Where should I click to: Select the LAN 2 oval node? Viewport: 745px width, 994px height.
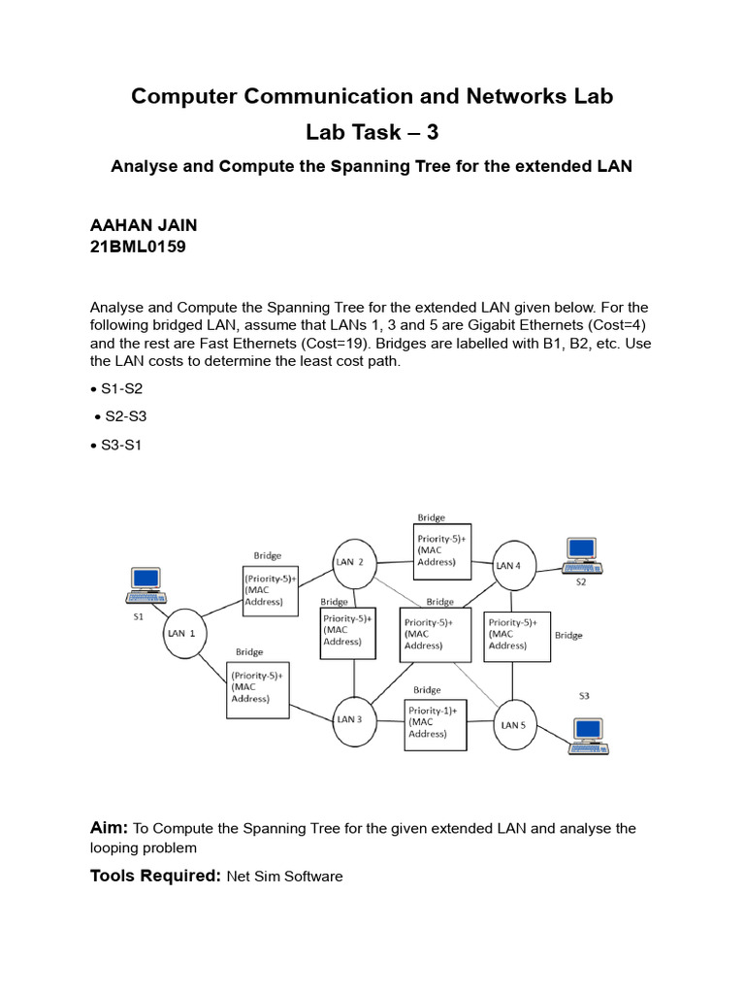tap(350, 562)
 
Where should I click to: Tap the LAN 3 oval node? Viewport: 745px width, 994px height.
tap(350, 719)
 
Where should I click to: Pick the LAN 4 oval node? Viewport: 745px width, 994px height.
tap(509, 565)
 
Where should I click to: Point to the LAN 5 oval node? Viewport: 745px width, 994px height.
tap(511, 724)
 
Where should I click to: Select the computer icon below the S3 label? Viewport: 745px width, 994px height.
tap(588, 736)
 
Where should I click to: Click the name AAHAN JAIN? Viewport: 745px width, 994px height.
tap(144, 225)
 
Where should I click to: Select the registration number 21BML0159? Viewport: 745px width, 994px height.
tap(138, 247)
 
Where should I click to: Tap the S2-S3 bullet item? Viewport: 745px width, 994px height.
tap(126, 415)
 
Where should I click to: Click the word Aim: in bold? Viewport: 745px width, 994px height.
tap(109, 827)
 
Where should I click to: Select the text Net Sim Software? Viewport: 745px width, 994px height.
tap(284, 877)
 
